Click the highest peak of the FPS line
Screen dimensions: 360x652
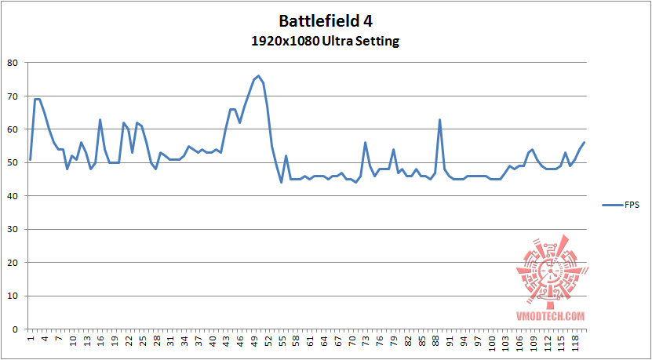258,76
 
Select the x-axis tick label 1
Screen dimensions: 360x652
31,338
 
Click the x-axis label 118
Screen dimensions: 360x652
575,342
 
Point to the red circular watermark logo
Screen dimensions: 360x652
549,271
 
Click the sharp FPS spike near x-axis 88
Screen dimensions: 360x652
439,120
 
